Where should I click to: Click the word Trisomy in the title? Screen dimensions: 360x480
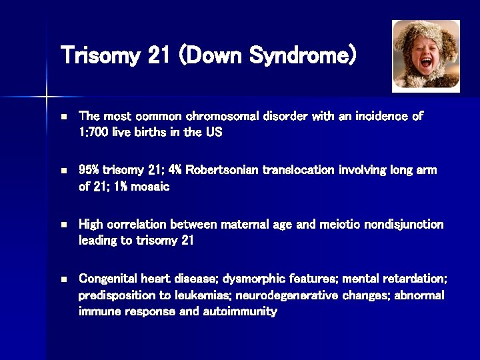pos(99,55)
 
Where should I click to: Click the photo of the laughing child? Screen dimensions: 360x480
pos(426,55)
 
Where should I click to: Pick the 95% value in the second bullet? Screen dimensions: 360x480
pos(90,170)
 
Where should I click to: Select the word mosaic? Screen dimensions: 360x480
pos(150,187)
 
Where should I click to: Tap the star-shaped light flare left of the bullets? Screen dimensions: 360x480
pos(47,97)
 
